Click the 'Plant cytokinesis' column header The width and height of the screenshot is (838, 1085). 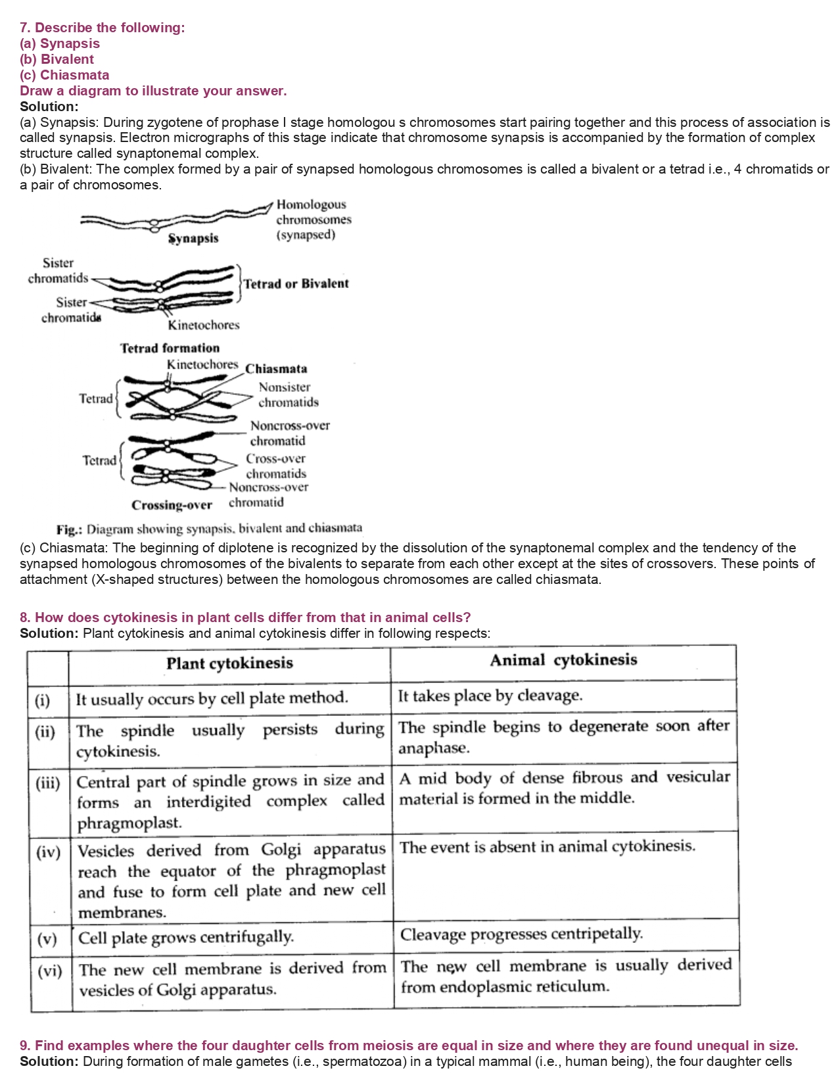pos(229,663)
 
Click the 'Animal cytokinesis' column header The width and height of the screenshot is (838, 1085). pos(563,660)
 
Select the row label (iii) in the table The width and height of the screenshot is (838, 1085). pos(48,783)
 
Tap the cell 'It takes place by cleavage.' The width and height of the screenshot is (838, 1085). pos(490,696)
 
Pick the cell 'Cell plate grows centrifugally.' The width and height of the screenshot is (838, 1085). pos(186,937)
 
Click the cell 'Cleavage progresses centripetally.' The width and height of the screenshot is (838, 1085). pos(521,934)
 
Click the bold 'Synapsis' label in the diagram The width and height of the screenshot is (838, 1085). pos(193,238)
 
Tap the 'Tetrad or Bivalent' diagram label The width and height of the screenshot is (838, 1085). pos(296,283)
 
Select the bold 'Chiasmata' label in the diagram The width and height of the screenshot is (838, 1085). pos(276,368)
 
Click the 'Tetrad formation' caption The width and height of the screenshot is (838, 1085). pos(170,348)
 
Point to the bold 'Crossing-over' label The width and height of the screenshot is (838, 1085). pos(172,505)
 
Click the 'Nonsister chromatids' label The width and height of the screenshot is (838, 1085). pos(288,395)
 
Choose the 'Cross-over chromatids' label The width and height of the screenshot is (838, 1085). pos(276,466)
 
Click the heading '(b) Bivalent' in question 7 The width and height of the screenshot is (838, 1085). pos(57,59)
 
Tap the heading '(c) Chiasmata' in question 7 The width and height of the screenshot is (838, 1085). pos(64,75)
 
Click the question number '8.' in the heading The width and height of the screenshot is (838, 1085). pos(25,617)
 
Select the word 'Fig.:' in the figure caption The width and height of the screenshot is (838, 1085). pos(70,529)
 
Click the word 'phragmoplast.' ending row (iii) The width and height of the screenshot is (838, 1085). pos(129,823)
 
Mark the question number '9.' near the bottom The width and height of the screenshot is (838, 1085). pos(25,1046)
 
